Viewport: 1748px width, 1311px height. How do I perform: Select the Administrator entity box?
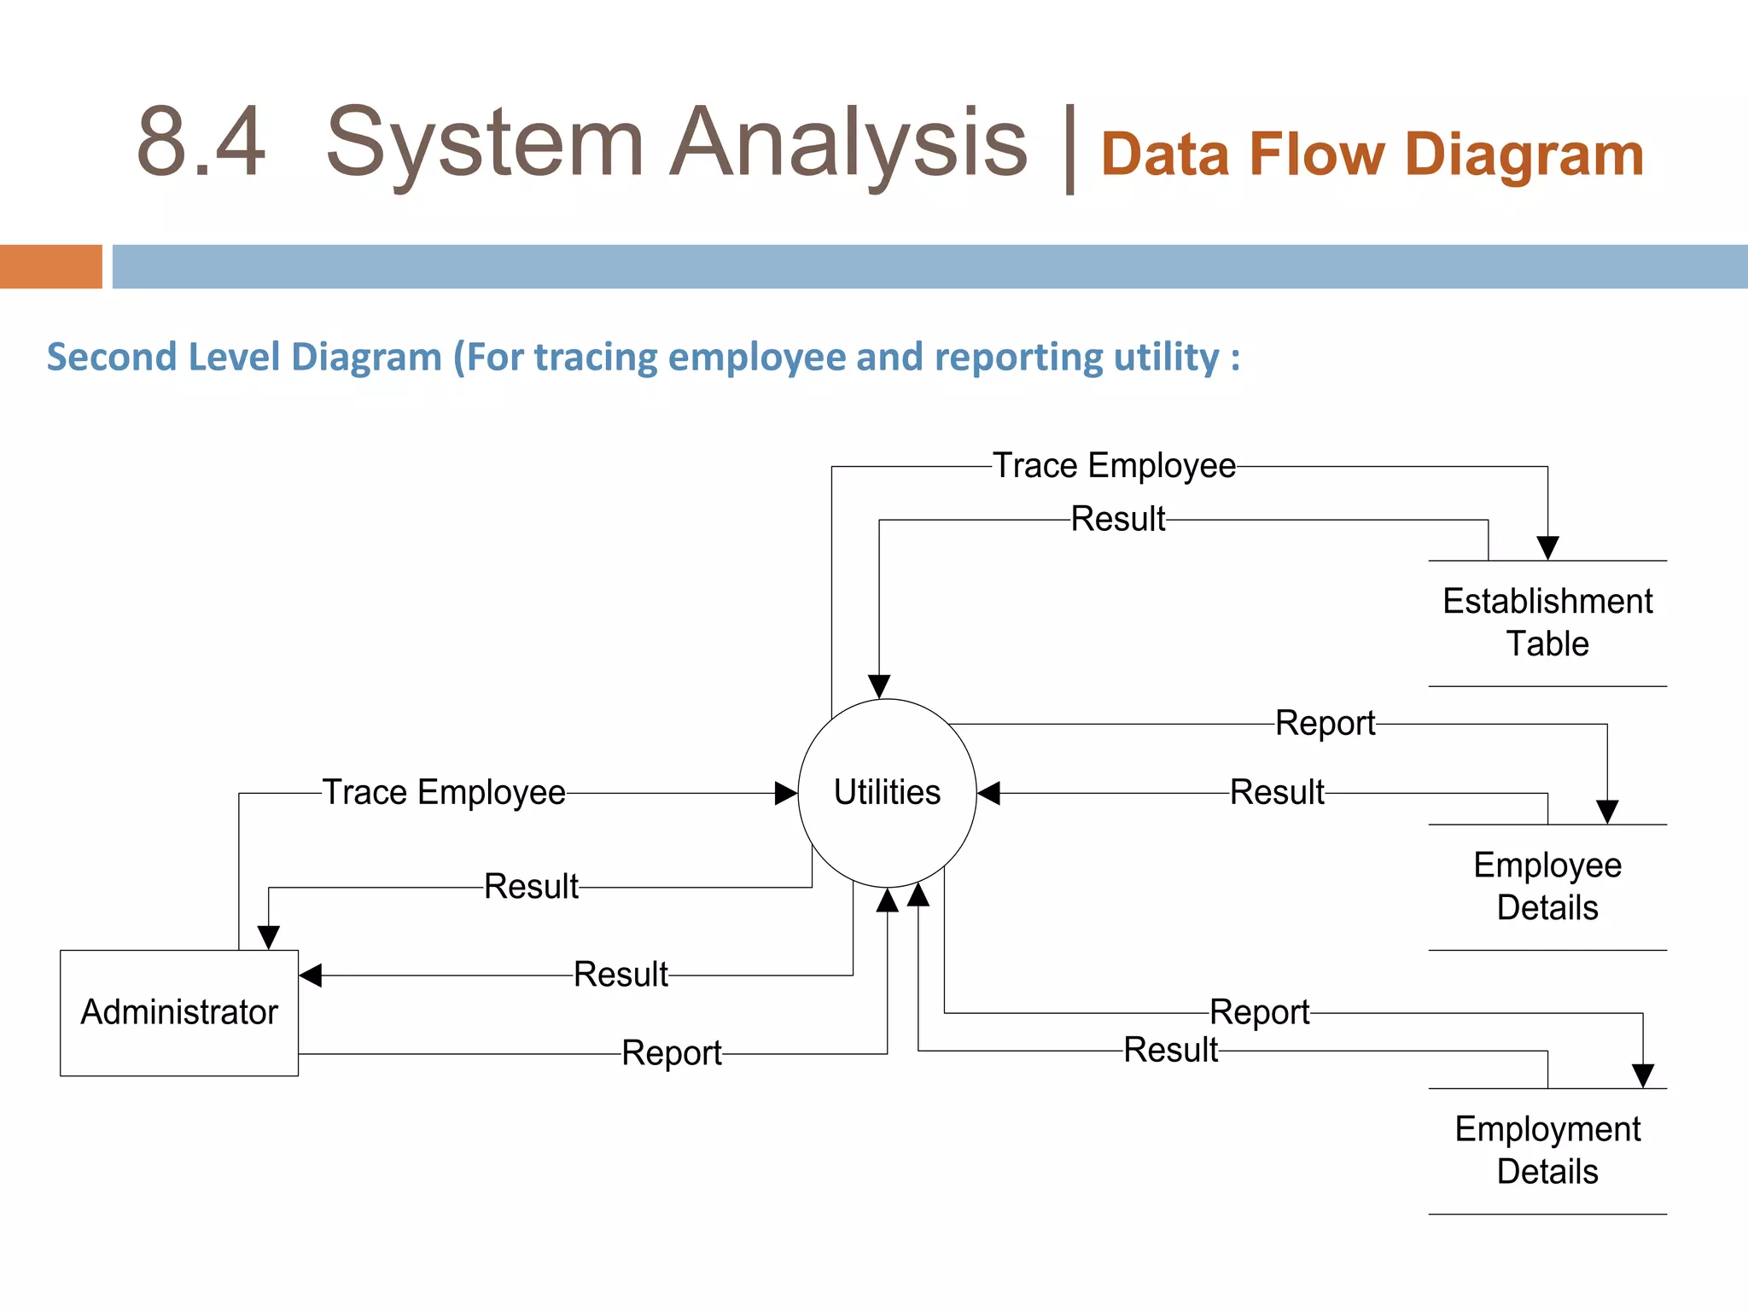point(179,1012)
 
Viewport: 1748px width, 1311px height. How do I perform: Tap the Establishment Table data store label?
point(1547,622)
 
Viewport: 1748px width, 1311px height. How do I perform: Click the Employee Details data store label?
point(1547,886)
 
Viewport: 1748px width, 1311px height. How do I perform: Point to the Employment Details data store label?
point(1547,1150)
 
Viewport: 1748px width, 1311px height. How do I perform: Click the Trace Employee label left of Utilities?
point(444,793)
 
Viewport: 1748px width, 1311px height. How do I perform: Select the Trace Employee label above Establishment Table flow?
point(1114,466)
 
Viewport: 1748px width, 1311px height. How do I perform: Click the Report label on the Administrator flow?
point(672,1053)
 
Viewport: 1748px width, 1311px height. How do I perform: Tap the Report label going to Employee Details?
point(1325,724)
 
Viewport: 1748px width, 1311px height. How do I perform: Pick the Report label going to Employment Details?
point(1260,1013)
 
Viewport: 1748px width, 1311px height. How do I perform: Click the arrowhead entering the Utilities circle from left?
point(786,793)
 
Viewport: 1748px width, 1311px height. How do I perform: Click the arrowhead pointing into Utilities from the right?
point(988,793)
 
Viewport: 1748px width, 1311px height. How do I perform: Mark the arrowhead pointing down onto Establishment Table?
point(1547,548)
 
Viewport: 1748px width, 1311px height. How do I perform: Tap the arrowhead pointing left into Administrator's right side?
point(311,976)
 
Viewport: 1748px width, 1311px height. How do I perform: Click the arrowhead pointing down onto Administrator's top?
point(269,938)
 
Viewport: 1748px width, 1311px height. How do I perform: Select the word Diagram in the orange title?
point(1524,156)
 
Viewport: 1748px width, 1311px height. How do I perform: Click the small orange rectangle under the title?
point(51,266)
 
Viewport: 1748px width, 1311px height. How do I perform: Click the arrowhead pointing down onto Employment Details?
point(1643,1075)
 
